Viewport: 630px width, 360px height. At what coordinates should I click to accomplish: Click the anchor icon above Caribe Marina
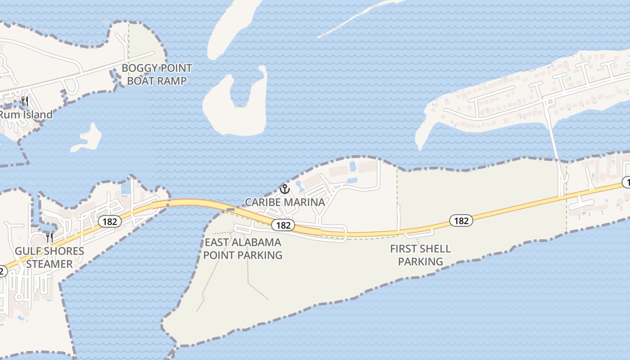pyautogui.click(x=284, y=189)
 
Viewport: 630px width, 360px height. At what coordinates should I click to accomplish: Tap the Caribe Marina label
pyautogui.click(x=284, y=202)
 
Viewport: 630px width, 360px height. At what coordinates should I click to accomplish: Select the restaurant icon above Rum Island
pyautogui.click(x=25, y=101)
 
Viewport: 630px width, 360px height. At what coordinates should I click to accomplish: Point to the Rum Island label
pyautogui.click(x=26, y=115)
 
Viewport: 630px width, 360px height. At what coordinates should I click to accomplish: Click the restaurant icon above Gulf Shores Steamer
pyautogui.click(x=49, y=237)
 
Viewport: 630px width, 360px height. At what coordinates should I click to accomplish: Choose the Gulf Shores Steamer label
pyautogui.click(x=49, y=257)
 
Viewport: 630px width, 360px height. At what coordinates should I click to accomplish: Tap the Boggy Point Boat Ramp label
pyautogui.click(x=157, y=75)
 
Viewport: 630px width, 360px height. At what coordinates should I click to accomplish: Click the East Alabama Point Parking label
pyautogui.click(x=243, y=249)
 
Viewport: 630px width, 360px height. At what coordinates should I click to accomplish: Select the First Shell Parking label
pyautogui.click(x=420, y=255)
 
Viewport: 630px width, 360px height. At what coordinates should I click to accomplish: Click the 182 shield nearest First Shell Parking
pyautogui.click(x=461, y=220)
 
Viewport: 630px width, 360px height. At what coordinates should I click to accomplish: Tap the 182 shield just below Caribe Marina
pyautogui.click(x=283, y=225)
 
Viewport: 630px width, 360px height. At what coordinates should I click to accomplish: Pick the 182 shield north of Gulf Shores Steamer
pyautogui.click(x=109, y=221)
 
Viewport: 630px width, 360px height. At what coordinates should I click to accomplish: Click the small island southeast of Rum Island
pyautogui.click(x=88, y=139)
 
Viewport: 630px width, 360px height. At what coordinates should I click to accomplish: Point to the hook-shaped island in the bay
pyautogui.click(x=236, y=108)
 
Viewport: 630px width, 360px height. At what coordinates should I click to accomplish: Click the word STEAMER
pyautogui.click(x=49, y=264)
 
